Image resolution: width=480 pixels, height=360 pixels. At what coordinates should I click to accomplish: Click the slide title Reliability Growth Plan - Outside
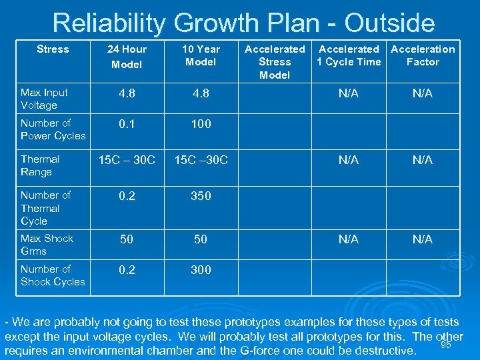point(243,23)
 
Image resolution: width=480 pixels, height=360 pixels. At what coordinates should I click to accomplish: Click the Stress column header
point(53,49)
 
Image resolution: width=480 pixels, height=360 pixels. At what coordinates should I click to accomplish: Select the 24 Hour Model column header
point(127,57)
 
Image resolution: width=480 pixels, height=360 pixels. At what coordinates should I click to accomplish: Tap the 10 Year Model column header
point(201,55)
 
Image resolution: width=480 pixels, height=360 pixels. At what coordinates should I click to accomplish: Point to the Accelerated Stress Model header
point(275,62)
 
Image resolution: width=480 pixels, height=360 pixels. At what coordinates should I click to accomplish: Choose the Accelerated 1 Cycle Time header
point(349,55)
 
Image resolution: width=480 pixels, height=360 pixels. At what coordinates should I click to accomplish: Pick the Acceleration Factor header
point(423,55)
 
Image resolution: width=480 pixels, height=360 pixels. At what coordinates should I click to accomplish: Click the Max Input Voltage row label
point(44,99)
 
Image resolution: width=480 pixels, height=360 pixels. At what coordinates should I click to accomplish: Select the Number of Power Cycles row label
point(53,129)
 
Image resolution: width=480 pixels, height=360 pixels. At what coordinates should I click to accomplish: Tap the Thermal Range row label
point(40,165)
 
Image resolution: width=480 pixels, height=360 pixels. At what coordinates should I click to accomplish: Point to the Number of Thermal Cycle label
point(45,208)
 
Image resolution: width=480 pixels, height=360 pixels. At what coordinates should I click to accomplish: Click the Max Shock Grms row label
point(47,245)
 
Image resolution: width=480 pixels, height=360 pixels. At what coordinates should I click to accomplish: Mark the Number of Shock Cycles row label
point(53,275)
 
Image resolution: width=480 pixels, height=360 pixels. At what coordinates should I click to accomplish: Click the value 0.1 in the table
point(127,124)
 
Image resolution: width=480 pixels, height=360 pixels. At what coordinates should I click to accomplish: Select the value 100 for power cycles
point(201,124)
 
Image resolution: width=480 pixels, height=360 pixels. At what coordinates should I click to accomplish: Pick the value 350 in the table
point(201,196)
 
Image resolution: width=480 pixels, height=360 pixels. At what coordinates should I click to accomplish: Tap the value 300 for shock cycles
point(201,270)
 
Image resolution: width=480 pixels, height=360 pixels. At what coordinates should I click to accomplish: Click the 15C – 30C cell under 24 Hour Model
point(127,160)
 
